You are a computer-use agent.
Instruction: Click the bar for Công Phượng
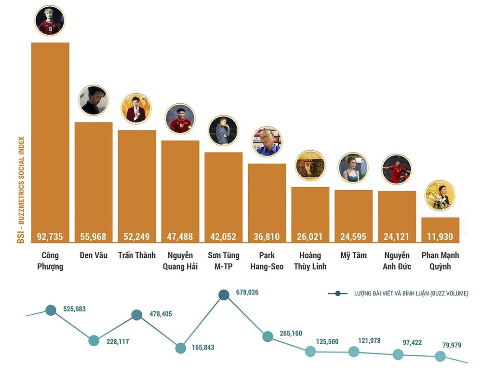[50, 140]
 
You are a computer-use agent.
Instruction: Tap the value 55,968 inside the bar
[94, 237]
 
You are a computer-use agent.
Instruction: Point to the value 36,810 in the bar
[267, 237]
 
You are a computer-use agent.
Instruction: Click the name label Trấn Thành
[137, 255]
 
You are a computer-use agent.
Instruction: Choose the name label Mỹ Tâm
[353, 255]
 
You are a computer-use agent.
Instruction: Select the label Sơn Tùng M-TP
[224, 261]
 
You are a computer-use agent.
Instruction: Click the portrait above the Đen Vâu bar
[94, 100]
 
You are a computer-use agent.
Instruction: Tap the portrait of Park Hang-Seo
[267, 141]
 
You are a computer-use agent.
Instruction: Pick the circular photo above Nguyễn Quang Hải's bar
[180, 119]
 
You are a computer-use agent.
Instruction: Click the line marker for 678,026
[224, 295]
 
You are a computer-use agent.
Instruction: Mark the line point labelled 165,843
[180, 348]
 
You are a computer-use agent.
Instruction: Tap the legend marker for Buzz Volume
[338, 293]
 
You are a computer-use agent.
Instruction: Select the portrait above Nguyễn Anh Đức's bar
[397, 169]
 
